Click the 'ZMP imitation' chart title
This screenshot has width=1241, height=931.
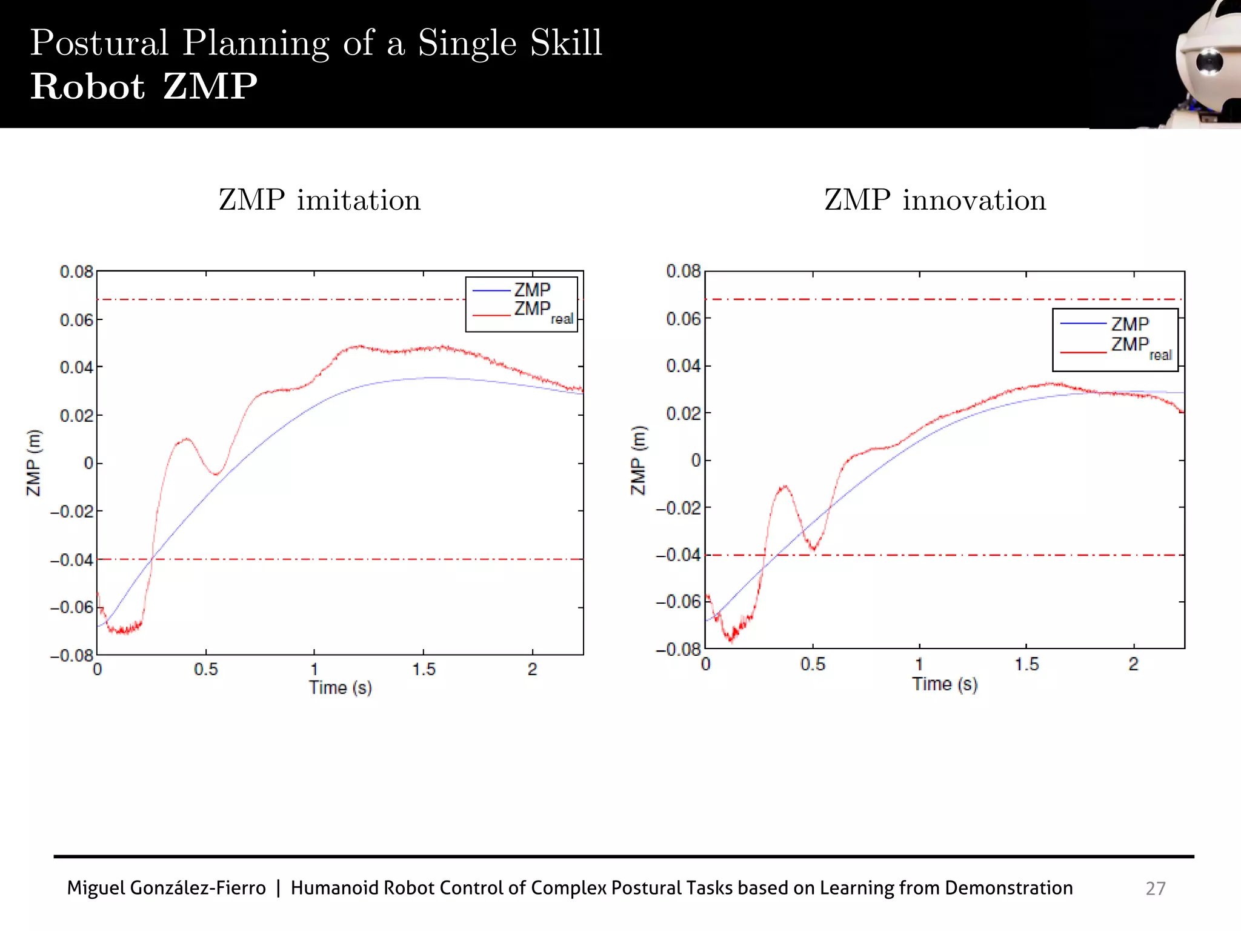(319, 201)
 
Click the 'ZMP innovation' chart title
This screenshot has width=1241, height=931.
(935, 201)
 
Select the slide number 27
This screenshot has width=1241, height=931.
(1155, 888)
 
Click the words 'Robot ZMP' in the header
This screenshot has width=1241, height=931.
(144, 87)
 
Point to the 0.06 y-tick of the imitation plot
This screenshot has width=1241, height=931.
(76, 320)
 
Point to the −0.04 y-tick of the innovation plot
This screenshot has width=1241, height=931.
(678, 555)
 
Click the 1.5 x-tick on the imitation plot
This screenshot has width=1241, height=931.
(424, 670)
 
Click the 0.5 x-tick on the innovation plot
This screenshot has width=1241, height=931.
(813, 664)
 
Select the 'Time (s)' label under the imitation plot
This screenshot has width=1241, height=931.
(340, 688)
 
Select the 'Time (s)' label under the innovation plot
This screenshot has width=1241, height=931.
(945, 684)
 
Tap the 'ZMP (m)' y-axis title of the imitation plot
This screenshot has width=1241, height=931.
(34, 462)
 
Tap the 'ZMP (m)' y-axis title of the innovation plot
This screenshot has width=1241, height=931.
(639, 461)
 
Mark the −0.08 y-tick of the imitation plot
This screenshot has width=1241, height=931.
(72, 656)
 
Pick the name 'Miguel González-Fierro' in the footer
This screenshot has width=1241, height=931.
(166, 888)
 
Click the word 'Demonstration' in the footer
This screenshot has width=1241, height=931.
(1008, 888)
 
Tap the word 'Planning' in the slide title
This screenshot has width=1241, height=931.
(256, 44)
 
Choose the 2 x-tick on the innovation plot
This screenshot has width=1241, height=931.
(1133, 664)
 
